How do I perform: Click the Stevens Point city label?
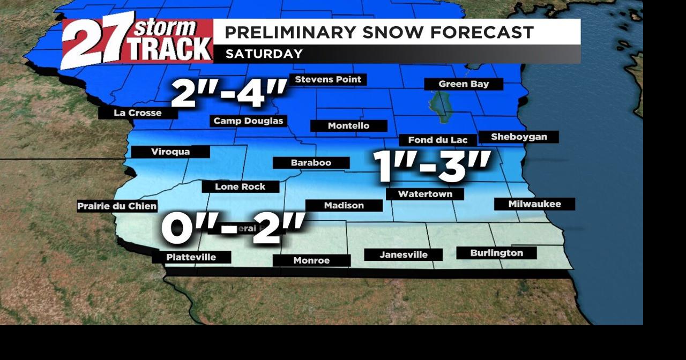329,80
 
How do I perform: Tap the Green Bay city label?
464,84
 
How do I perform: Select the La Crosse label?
138,113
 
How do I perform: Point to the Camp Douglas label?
248,121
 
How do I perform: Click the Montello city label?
349,126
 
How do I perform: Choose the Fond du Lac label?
438,140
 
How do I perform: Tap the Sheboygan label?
519,137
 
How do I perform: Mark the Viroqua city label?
170,152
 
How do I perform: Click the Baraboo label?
311,163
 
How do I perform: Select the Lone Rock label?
240,187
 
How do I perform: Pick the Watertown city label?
425,194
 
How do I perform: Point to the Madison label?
344,206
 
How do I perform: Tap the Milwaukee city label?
534,204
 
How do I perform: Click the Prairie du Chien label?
117,206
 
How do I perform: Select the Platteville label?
191,258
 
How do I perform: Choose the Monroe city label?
311,261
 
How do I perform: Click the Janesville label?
404,255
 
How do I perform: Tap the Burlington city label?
496,253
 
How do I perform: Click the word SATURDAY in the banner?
264,54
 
